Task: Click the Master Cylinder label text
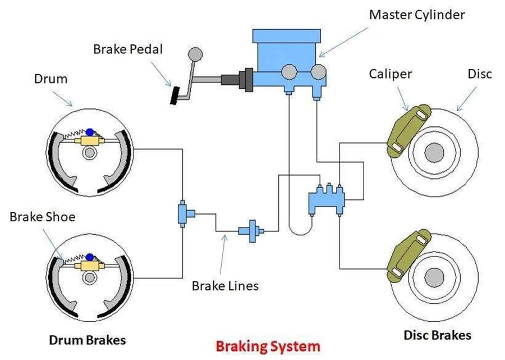coord(417,15)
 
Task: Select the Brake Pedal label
coord(128,49)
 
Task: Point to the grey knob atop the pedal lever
coord(195,54)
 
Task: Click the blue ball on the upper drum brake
coord(89,133)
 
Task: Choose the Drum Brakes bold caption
coord(87,340)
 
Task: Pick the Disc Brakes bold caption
coord(437,335)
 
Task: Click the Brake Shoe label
coord(43,217)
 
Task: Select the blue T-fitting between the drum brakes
coord(183,213)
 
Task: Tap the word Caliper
coord(390,74)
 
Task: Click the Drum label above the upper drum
coord(51,79)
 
